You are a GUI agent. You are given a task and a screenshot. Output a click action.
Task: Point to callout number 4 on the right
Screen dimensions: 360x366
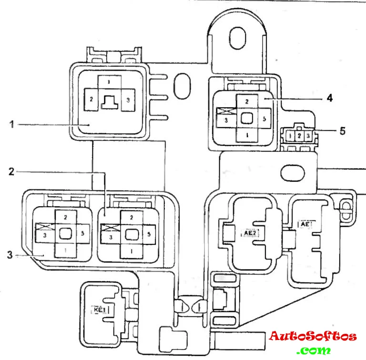tap(329, 98)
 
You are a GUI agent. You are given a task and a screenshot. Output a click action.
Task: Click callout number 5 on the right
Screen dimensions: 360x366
tap(342, 130)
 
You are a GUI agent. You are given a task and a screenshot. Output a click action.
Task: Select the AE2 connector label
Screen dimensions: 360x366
tap(251, 234)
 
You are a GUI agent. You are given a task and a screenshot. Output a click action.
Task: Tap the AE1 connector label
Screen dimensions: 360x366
tap(305, 223)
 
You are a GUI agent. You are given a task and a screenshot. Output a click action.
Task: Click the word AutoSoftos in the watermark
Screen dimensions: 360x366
tap(313, 337)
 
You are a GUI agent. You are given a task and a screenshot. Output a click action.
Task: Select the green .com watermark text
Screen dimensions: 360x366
tap(313, 351)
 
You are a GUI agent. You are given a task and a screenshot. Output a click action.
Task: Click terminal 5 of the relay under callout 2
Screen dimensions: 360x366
tap(150, 234)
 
